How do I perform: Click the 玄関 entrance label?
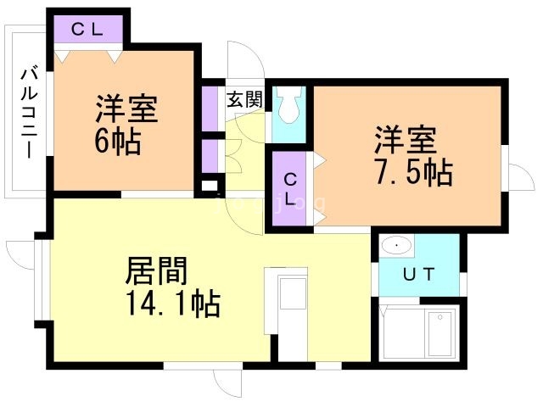click(x=245, y=99)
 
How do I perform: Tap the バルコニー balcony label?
click(x=29, y=114)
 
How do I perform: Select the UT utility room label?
click(x=418, y=275)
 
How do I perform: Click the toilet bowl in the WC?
click(x=290, y=104)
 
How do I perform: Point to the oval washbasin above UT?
click(x=396, y=245)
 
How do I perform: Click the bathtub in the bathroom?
click(x=419, y=333)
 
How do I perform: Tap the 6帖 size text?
click(x=118, y=142)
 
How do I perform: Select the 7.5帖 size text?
click(x=413, y=172)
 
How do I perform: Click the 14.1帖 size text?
click(x=173, y=304)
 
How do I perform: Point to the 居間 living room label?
click(x=156, y=270)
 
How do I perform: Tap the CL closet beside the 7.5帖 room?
click(x=289, y=189)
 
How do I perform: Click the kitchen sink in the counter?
click(x=293, y=293)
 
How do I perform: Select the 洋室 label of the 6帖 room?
click(x=126, y=109)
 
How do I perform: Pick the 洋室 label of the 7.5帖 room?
click(x=406, y=140)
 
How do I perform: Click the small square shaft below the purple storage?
click(x=210, y=185)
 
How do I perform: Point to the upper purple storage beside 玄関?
click(x=210, y=109)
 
